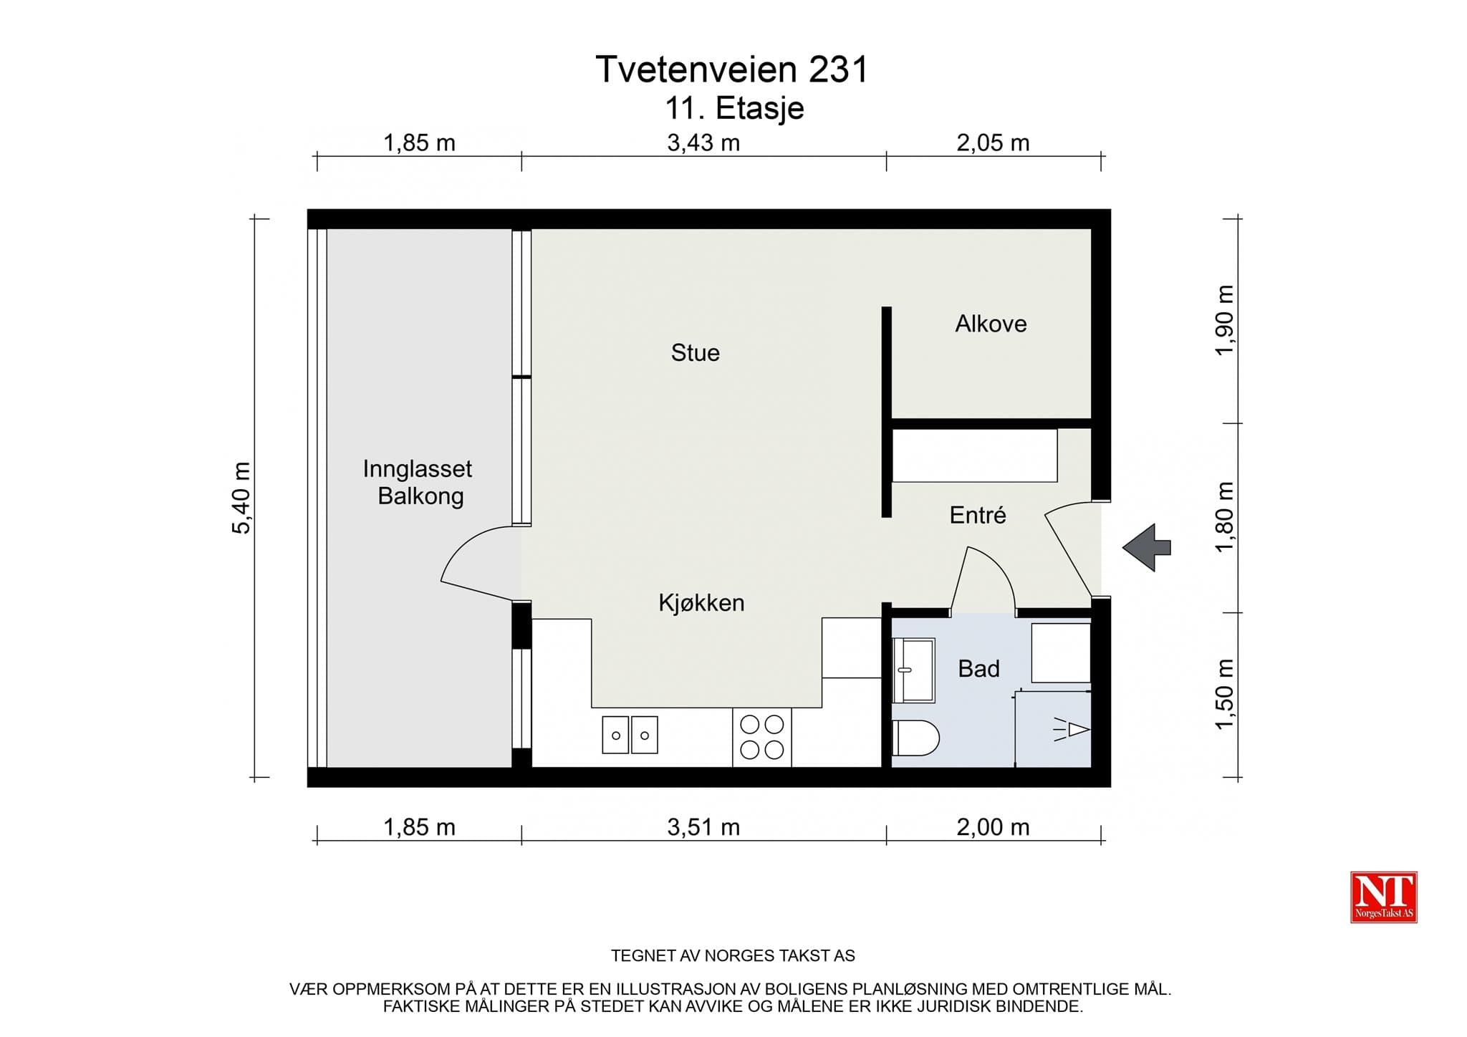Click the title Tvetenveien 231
[731, 69]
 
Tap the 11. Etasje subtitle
[734, 109]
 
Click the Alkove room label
[991, 324]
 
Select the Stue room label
[695, 352]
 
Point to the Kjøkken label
[701, 603]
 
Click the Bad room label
[978, 669]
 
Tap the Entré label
[978, 515]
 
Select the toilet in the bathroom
[915, 738]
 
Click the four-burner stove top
[761, 737]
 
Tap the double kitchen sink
[630, 735]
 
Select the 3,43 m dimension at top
[703, 143]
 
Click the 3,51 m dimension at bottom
[703, 828]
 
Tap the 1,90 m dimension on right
[1224, 320]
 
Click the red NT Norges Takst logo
[1383, 897]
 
